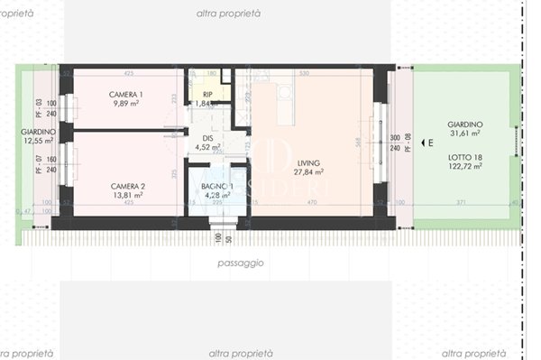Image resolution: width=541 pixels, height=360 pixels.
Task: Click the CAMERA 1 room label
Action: tap(126, 95)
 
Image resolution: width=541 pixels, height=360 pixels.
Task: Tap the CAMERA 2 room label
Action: tap(127, 186)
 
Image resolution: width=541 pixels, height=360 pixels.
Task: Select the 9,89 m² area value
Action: tap(126, 104)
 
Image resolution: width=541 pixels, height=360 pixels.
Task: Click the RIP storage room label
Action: tap(206, 94)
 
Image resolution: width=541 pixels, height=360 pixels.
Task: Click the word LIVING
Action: tap(307, 163)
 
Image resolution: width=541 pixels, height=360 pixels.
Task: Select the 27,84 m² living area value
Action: tap(307, 172)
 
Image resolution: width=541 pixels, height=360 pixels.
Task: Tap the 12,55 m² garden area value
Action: tap(39, 141)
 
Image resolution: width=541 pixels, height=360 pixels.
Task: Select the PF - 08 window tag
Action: tap(408, 143)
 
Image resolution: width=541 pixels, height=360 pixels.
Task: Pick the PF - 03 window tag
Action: tap(39, 108)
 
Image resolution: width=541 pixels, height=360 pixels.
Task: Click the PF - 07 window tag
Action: tap(39, 165)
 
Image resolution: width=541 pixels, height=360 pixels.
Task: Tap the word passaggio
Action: tap(241, 263)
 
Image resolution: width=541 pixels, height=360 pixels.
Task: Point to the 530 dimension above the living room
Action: tap(304, 73)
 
